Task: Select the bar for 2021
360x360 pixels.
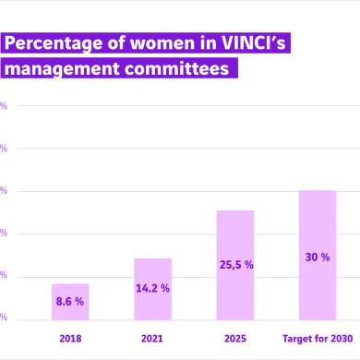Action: (152, 288)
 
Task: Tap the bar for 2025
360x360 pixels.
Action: (235, 264)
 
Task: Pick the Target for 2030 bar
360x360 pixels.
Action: (318, 254)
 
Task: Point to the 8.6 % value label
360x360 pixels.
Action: (70, 301)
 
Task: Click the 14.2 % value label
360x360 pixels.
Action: (152, 288)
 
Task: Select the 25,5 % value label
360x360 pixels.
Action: (235, 265)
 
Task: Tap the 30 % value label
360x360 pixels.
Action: (318, 257)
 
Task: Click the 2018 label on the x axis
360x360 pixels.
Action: (70, 338)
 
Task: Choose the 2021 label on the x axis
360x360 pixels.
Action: (152, 338)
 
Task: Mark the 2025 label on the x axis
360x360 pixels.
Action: (235, 338)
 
